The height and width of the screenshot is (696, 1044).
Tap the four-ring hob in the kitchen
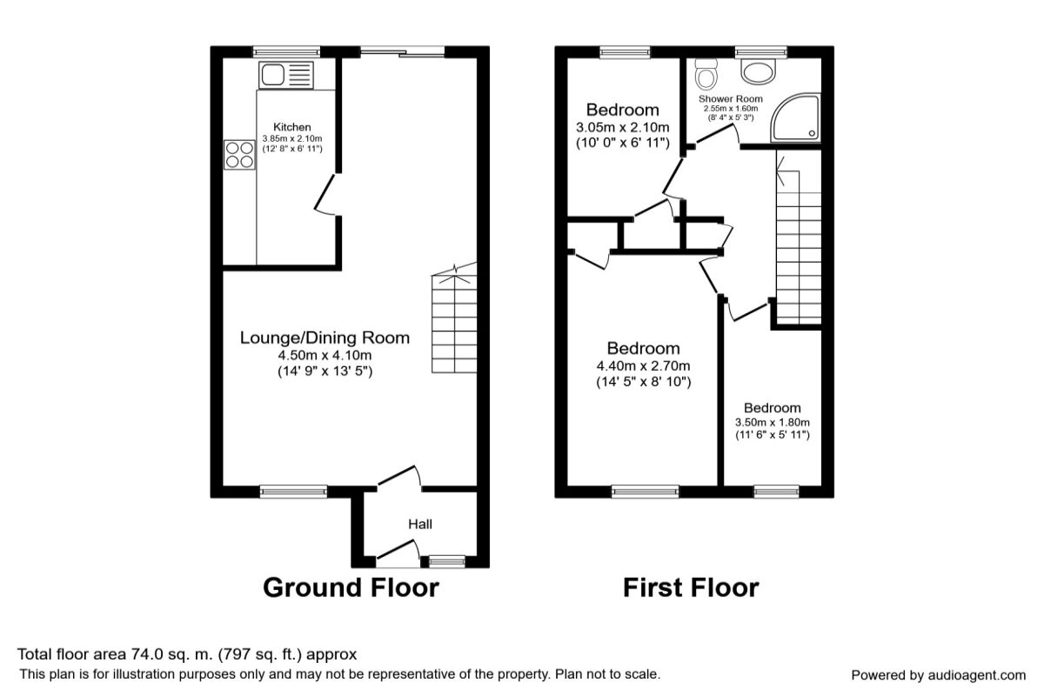pyautogui.click(x=239, y=155)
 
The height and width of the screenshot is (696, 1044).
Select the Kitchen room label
pyautogui.click(x=291, y=127)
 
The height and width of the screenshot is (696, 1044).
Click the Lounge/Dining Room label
pyautogui.click(x=325, y=338)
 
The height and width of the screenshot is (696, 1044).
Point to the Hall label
pyautogui.click(x=420, y=524)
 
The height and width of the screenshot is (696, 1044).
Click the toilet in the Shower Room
pyautogui.click(x=706, y=76)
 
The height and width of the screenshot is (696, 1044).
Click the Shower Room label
pyautogui.click(x=731, y=99)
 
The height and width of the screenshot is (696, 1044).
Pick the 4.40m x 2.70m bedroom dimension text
pyautogui.click(x=644, y=365)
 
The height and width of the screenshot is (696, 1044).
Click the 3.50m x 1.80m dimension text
pyautogui.click(x=772, y=423)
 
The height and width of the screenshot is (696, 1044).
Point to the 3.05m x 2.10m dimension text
pyautogui.click(x=622, y=127)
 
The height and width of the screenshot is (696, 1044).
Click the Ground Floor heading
pyautogui.click(x=351, y=587)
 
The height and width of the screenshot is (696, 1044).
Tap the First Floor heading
pyautogui.click(x=690, y=587)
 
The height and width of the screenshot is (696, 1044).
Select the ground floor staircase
pyautogui.click(x=453, y=322)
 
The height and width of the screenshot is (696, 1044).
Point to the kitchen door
pyautogui.click(x=327, y=193)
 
